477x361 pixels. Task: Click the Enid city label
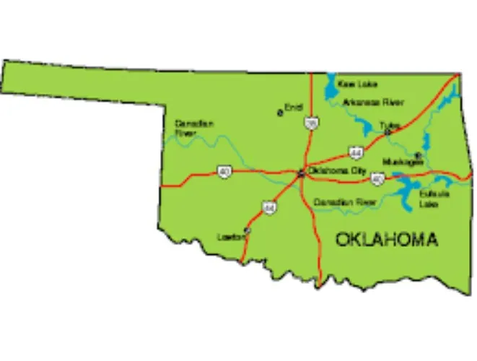tap(293, 108)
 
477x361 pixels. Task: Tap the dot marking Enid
tap(281, 113)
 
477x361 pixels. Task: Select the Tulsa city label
tap(390, 125)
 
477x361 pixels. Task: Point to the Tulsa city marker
tap(388, 132)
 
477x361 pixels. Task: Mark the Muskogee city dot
tap(417, 155)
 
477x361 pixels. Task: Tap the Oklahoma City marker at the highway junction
tap(302, 173)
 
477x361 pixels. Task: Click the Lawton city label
tap(229, 236)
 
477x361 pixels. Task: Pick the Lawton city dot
tap(246, 231)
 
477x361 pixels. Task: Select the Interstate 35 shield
tap(310, 123)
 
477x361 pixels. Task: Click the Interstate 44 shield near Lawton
tap(269, 207)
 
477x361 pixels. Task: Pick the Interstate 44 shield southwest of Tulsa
tap(356, 152)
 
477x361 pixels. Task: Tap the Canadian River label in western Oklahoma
tap(194, 128)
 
